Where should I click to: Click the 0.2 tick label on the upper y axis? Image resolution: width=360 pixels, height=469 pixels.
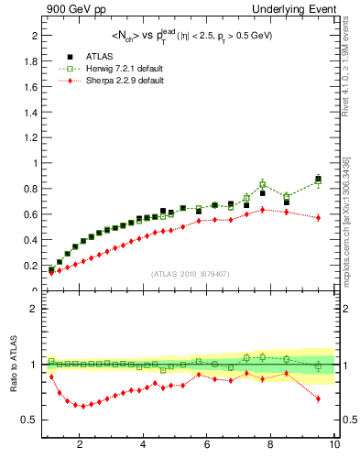[31, 266]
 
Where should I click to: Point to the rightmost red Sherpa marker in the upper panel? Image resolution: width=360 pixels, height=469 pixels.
[318, 217]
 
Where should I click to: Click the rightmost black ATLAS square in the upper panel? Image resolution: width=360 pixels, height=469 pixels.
[318, 179]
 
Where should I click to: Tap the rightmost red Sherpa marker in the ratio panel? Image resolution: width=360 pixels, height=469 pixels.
[318, 398]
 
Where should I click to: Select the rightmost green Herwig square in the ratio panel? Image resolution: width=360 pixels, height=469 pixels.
[318, 366]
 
